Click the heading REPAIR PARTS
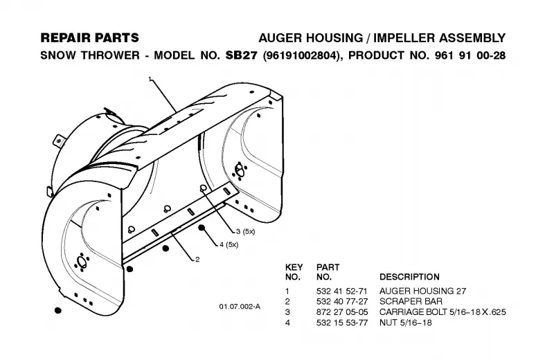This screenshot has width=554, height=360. tap(90, 38)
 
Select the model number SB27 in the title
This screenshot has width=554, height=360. tap(241, 55)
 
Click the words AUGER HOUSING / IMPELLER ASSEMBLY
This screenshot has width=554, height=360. tap(382, 38)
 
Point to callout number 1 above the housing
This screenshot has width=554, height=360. tap(150, 78)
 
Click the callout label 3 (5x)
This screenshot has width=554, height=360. tap(246, 231)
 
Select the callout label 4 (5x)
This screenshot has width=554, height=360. tap(229, 244)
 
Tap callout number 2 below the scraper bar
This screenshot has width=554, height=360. tap(197, 260)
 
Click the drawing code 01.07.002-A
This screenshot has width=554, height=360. tap(240, 306)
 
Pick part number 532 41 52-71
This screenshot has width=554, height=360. tap(341, 291)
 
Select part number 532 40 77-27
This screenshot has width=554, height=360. tap(341, 301)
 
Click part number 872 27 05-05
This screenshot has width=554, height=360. tap(341, 312)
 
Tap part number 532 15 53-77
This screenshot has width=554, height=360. tap(341, 323)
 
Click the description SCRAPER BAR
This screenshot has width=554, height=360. tap(411, 301)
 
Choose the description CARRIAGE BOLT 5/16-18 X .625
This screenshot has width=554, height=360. tap(443, 312)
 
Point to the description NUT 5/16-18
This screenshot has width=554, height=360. tap(406, 323)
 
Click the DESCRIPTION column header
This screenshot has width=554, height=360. tap(409, 277)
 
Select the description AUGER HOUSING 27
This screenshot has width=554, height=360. tap(423, 291)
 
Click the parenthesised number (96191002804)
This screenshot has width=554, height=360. tap(303, 55)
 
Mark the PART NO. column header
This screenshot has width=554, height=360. tap(328, 272)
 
